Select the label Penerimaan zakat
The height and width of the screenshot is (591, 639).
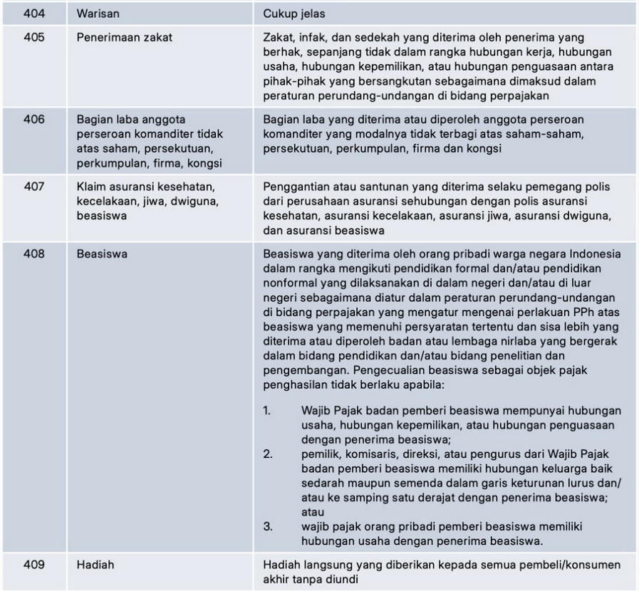[x=120, y=35]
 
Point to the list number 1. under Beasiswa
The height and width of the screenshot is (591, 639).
[x=268, y=411]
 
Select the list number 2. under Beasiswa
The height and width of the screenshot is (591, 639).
[x=268, y=454]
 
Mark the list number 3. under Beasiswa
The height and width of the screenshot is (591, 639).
[x=268, y=527]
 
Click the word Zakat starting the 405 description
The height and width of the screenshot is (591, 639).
[x=278, y=35]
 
